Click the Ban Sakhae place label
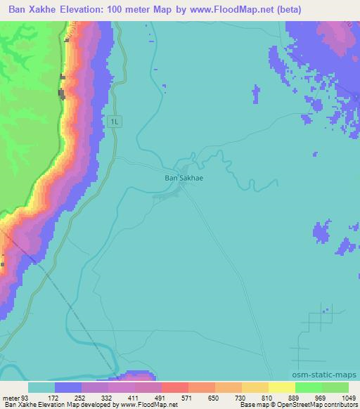184,178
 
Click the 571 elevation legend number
174,397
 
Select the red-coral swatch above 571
174,387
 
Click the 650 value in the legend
202,397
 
